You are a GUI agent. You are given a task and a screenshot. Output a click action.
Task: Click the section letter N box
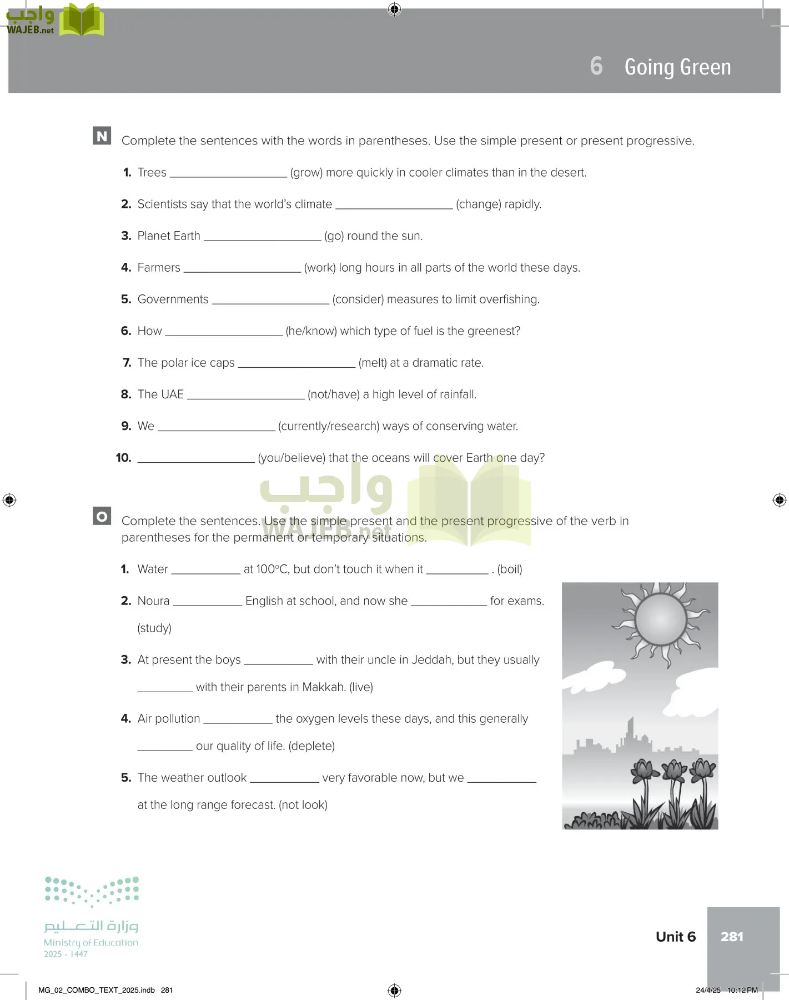pyautogui.click(x=102, y=136)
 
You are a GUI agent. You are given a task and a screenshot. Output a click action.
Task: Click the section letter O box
pyautogui.click(x=102, y=516)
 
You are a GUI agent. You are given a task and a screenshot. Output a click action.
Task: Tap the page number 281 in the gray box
pyautogui.click(x=732, y=937)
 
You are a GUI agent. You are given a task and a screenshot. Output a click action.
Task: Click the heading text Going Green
pyautogui.click(x=677, y=67)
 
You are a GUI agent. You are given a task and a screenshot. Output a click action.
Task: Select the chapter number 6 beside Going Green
pyautogui.click(x=596, y=66)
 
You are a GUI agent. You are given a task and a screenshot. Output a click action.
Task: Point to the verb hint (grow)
pyautogui.click(x=306, y=173)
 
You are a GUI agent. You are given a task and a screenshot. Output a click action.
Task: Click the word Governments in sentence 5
pyautogui.click(x=173, y=299)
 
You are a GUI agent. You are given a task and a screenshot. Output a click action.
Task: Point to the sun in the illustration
pyautogui.click(x=660, y=619)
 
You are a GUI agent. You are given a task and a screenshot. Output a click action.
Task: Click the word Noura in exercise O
pyautogui.click(x=153, y=601)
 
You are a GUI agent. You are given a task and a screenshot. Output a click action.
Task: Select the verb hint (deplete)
pyautogui.click(x=311, y=746)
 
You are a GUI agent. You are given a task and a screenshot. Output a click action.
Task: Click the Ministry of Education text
pyautogui.click(x=91, y=943)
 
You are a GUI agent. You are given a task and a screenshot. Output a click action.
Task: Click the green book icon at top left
pyautogui.click(x=82, y=21)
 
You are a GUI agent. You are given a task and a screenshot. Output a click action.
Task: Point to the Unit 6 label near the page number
pyautogui.click(x=675, y=937)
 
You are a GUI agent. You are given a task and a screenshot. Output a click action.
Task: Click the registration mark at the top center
pyautogui.click(x=394, y=9)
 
